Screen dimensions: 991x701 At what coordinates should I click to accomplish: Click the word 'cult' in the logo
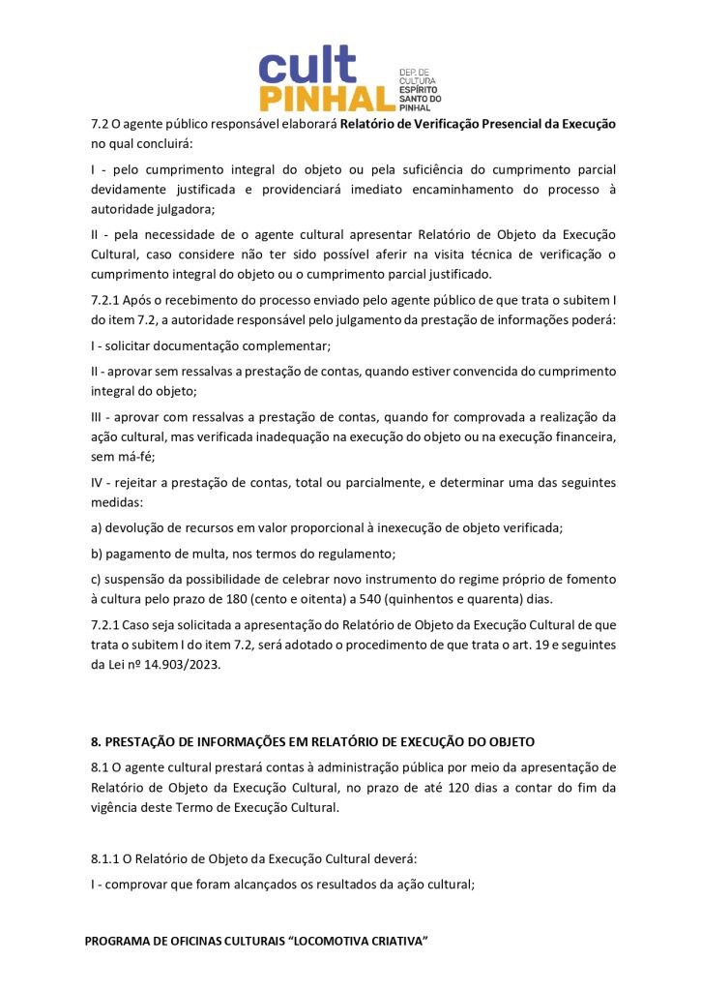tap(307, 66)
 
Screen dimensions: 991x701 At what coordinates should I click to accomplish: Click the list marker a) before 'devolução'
tap(97, 528)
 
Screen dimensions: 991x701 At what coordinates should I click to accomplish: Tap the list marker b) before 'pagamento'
tap(97, 554)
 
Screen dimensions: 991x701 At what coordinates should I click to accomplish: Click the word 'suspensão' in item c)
tap(134, 579)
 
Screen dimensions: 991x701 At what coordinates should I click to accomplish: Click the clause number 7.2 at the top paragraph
tap(100, 125)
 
